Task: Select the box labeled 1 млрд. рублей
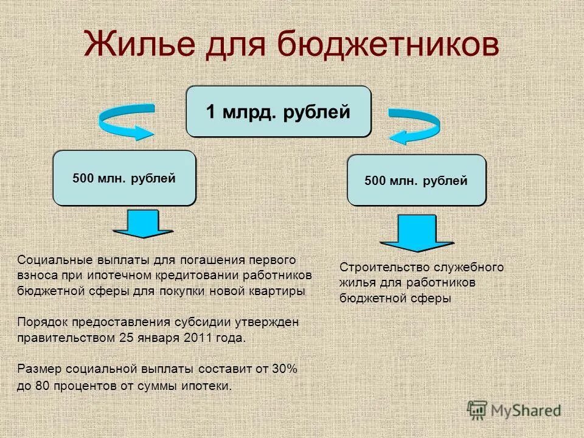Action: click(278, 112)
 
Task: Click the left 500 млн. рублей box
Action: click(124, 179)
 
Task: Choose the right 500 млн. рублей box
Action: click(416, 181)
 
